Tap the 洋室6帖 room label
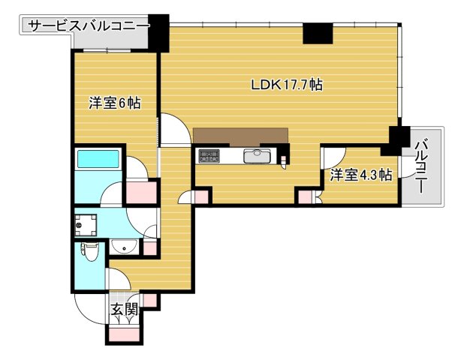[115, 104]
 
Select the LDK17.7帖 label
[287, 85]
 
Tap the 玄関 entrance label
[125, 308]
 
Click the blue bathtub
[98, 160]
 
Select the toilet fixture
[89, 252]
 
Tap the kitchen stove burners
[209, 156]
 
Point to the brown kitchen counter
[240, 136]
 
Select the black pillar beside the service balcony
[158, 31]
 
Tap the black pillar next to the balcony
[397, 136]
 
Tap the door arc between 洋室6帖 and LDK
[172, 130]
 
